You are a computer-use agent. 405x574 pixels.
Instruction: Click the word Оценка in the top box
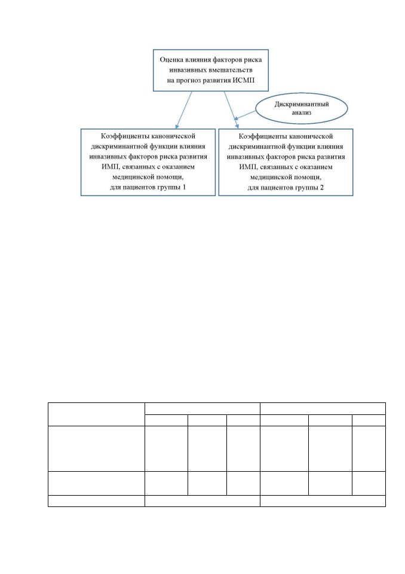pyautogui.click(x=171, y=60)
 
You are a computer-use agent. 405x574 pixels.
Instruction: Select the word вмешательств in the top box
pyautogui.click(x=231, y=70)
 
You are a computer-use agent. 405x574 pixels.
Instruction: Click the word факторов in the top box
pyautogui.click(x=227, y=60)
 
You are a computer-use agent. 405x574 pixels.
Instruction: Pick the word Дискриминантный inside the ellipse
pyautogui.click(x=302, y=104)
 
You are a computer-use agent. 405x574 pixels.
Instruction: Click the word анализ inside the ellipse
pyautogui.click(x=302, y=113)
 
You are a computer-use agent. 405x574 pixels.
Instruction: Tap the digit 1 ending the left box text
pyautogui.click(x=184, y=187)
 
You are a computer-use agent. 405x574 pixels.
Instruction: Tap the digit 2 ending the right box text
pyautogui.click(x=321, y=187)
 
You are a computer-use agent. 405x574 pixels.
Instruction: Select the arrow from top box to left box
pyautogui.click(x=183, y=110)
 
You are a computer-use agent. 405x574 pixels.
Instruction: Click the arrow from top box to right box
pyautogui.click(x=231, y=110)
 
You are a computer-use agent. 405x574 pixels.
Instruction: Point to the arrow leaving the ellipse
pyautogui.click(x=245, y=115)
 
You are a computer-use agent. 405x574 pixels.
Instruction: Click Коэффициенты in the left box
pyautogui.click(x=122, y=136)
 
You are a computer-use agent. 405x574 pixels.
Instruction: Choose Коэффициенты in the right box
pyautogui.click(x=260, y=136)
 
